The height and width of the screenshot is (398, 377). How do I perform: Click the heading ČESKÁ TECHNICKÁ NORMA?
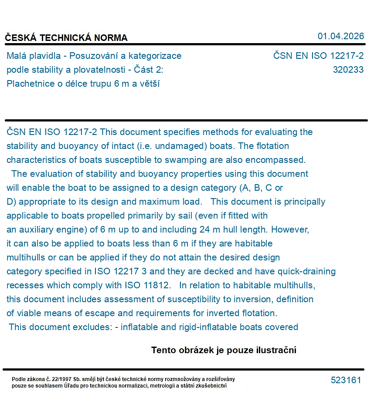[66, 38]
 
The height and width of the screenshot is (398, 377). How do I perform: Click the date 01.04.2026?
[340, 36]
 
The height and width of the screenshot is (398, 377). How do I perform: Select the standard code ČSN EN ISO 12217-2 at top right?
[318, 56]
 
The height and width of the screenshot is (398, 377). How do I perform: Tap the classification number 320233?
[348, 70]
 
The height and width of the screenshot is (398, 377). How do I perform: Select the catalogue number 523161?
[346, 380]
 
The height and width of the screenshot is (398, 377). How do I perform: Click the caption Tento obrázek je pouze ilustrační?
[224, 350]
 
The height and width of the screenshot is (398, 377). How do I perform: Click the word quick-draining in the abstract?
[309, 272]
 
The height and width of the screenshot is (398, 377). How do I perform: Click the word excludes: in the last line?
[91, 327]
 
